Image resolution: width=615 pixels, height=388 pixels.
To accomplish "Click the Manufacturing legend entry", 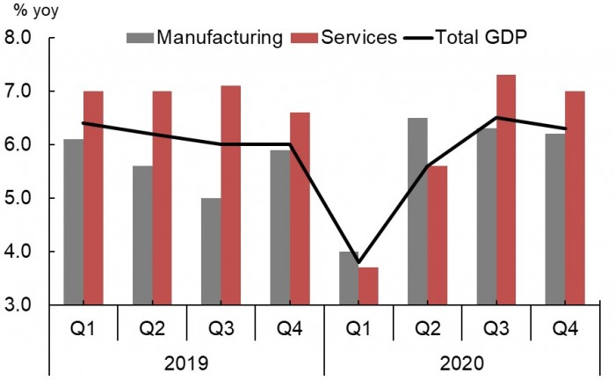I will click(206, 38).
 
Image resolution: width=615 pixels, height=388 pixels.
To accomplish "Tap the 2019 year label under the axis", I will click(186, 362).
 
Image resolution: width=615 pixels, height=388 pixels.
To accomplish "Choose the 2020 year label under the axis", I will click(462, 362).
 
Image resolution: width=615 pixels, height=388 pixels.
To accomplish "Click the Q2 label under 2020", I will click(428, 329).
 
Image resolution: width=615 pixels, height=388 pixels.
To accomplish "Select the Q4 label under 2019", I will click(290, 329).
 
